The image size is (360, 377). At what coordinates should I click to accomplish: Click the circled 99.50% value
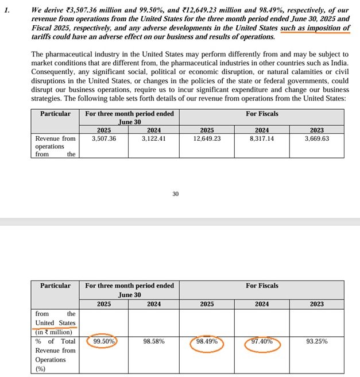(x=105, y=341)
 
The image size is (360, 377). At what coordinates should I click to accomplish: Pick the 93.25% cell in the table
(x=316, y=341)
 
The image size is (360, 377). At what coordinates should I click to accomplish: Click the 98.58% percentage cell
(x=153, y=341)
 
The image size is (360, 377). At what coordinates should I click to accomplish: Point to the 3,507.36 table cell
(x=104, y=139)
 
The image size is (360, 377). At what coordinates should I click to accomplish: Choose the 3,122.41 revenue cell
(x=153, y=139)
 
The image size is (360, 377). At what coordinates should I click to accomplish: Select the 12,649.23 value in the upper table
(x=206, y=139)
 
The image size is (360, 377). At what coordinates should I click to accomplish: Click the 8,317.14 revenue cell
(x=261, y=139)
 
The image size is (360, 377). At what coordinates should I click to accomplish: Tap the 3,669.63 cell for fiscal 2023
(x=316, y=139)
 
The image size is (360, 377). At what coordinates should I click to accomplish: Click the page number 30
(x=176, y=194)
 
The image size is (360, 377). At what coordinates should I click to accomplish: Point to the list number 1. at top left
(x=7, y=10)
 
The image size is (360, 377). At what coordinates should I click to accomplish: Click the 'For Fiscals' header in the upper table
(x=262, y=114)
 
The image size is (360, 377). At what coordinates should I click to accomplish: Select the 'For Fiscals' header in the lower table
(x=262, y=286)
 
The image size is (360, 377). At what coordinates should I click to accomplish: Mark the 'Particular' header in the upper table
(x=55, y=114)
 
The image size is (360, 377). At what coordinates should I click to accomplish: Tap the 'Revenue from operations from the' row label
(x=55, y=146)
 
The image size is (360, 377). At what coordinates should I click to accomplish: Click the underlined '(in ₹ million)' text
(x=54, y=332)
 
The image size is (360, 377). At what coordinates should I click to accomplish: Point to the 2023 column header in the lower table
(x=316, y=304)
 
